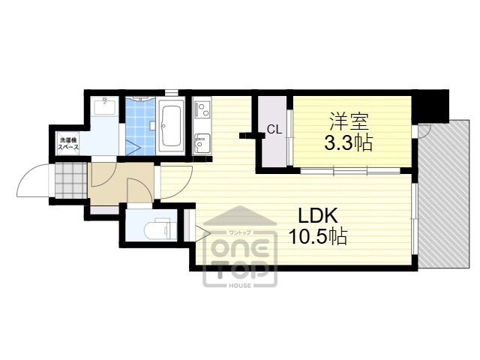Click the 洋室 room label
click(349, 121)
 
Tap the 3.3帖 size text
click(348, 142)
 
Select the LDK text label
click(318, 215)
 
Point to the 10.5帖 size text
click(318, 236)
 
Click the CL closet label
click(274, 130)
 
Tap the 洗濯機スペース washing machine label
click(68, 143)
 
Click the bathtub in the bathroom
click(171, 126)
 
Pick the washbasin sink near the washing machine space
click(104, 106)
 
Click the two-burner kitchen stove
click(202, 109)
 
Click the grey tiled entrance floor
click(71, 181)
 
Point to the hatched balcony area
click(444, 193)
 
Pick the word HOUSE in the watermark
click(240, 285)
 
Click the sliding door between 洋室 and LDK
click(350, 170)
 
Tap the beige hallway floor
click(121, 184)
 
